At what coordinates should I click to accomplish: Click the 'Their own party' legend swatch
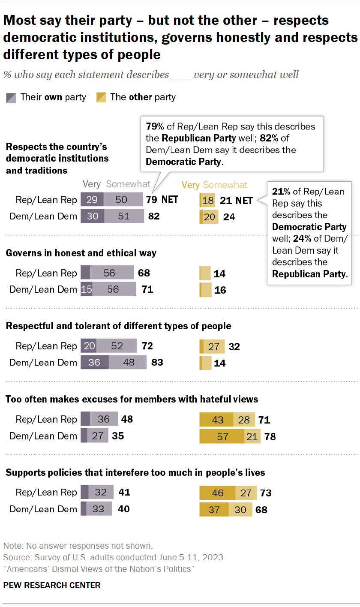tap(11, 97)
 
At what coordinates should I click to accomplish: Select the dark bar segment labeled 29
tap(92, 200)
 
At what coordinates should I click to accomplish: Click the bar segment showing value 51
tap(124, 216)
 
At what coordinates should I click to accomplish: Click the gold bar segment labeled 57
tap(222, 436)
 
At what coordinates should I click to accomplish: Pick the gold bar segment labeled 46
tap(217, 493)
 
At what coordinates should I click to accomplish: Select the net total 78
tap(270, 436)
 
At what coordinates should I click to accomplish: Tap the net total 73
tap(266, 493)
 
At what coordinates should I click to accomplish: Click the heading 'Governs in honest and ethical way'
tap(81, 253)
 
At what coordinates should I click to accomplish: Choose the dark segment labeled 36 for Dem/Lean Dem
tap(94, 363)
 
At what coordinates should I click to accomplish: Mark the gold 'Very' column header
tap(190, 185)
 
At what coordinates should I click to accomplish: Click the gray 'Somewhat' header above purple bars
tap(128, 184)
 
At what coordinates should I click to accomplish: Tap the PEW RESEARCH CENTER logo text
tap(52, 585)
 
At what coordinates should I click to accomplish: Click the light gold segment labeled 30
tap(240, 510)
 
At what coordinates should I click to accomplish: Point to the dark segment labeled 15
tap(87, 290)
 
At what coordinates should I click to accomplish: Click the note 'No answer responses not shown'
tap(78, 546)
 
